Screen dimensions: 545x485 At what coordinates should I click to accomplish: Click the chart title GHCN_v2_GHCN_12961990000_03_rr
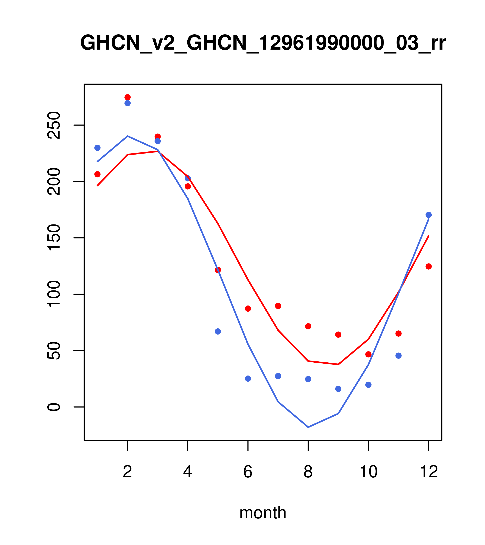pyautogui.click(x=263, y=43)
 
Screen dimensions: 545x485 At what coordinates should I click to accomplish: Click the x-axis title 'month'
pyautogui.click(x=263, y=513)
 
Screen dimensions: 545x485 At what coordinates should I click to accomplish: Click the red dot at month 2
pyautogui.click(x=128, y=97)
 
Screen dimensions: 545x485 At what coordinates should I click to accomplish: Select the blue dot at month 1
pyautogui.click(x=97, y=148)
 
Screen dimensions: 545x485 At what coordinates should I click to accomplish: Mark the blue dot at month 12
pyautogui.click(x=429, y=215)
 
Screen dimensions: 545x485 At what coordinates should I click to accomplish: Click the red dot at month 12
pyautogui.click(x=429, y=266)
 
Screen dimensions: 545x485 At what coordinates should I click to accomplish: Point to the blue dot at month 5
pyautogui.click(x=218, y=331)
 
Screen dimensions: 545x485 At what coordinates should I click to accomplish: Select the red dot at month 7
pyautogui.click(x=278, y=306)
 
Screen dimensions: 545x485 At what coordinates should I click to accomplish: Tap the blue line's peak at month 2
pyautogui.click(x=128, y=136)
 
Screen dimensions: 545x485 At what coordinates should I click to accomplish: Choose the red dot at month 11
pyautogui.click(x=399, y=334)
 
